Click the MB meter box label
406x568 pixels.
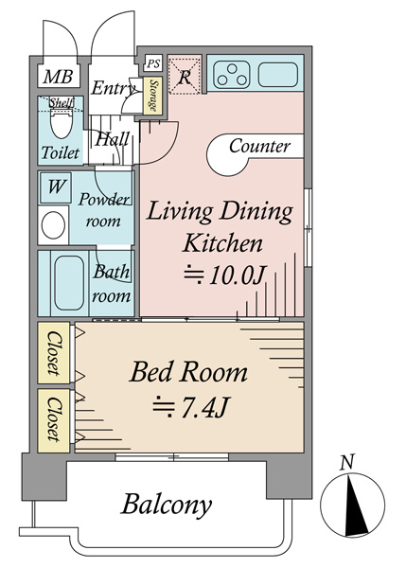(59, 77)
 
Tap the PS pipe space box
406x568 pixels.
(152, 64)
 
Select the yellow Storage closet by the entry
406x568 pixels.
(152, 96)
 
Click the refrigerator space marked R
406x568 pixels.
(185, 75)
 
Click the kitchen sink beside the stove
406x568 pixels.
(278, 75)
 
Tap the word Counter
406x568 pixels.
(259, 147)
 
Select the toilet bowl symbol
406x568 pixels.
(62, 122)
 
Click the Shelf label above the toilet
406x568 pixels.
(62, 102)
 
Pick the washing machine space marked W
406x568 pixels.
(56, 187)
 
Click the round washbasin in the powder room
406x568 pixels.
(54, 225)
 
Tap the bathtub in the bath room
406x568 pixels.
(69, 283)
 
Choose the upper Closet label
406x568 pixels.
(54, 353)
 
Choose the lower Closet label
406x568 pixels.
(54, 419)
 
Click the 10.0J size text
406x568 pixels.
(225, 276)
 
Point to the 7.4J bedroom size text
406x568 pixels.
(190, 407)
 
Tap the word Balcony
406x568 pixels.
(167, 505)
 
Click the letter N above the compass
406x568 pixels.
(347, 463)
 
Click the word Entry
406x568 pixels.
(114, 88)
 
